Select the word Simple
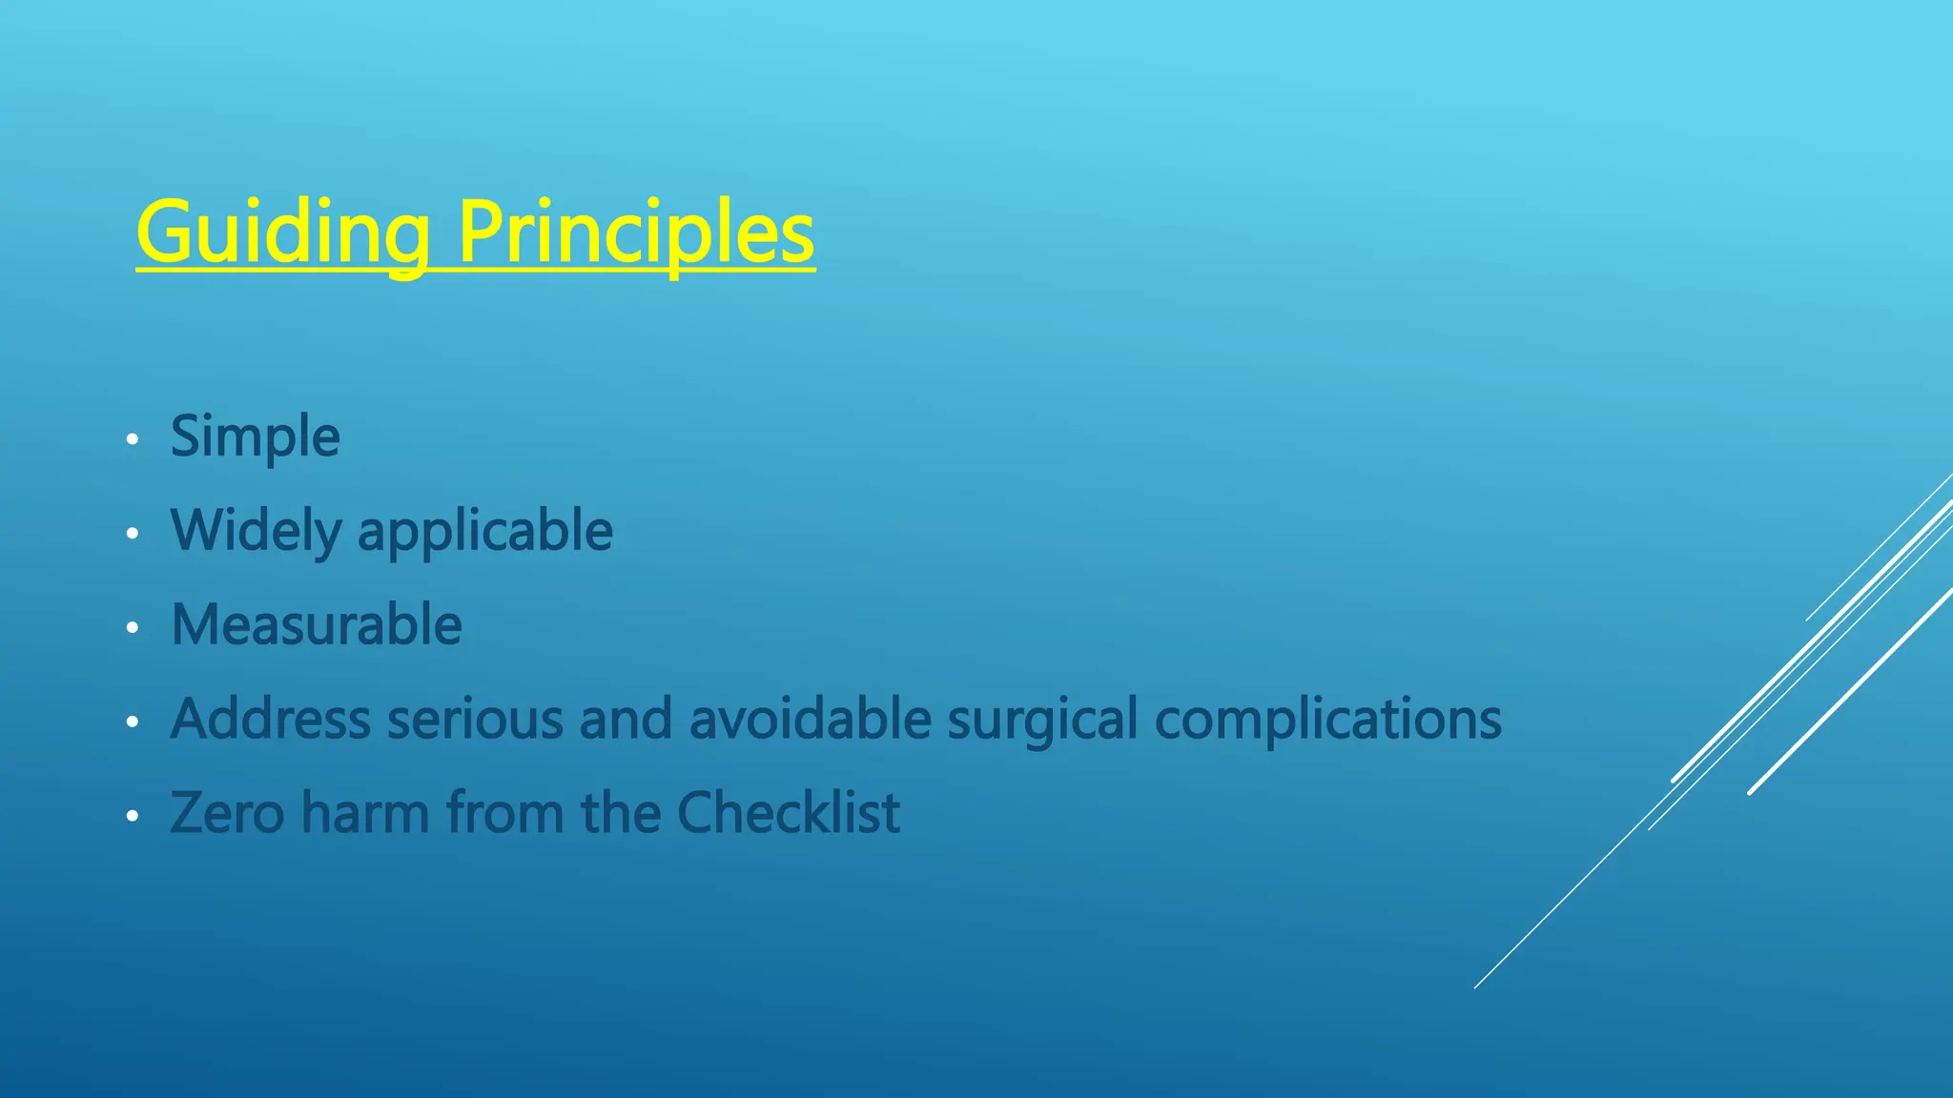(255, 437)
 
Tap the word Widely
(256, 531)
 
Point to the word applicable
(484, 532)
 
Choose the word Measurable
(317, 625)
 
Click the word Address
(271, 719)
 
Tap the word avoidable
(810, 719)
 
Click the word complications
(1327, 721)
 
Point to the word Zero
(227, 813)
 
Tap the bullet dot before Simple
(133, 439)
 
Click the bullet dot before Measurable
(133, 627)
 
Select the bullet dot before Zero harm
(133, 816)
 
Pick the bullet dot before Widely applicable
(133, 534)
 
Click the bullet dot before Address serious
(133, 722)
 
